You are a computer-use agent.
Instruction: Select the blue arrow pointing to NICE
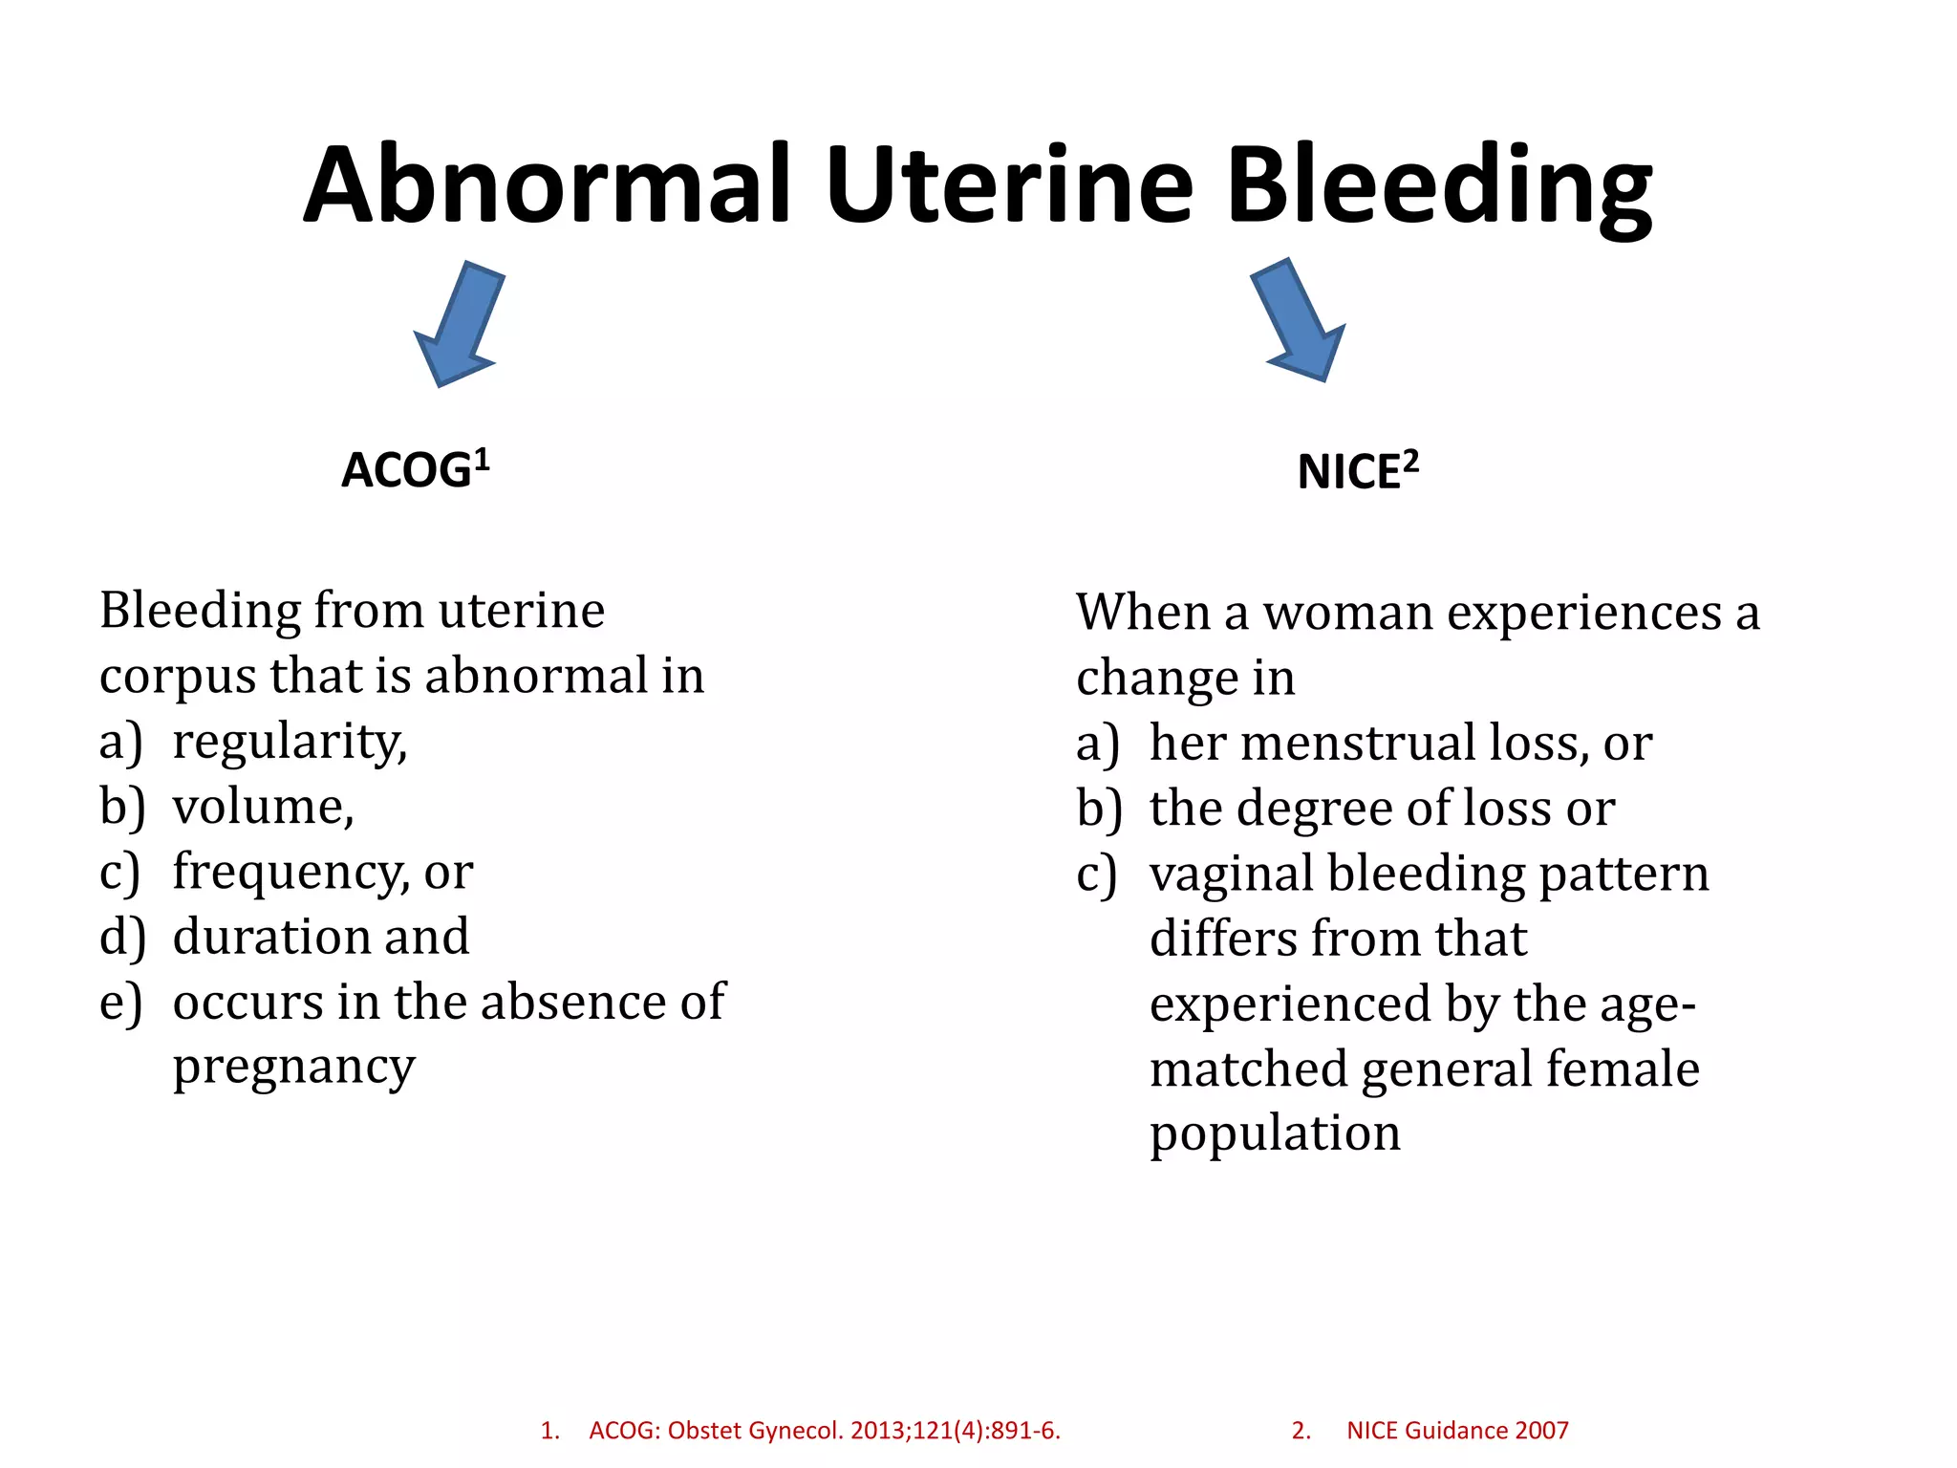1301,320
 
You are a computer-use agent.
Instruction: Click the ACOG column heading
416,469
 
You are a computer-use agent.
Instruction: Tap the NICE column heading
1357,471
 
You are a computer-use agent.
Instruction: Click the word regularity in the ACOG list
289,743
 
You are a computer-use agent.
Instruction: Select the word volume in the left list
262,807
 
